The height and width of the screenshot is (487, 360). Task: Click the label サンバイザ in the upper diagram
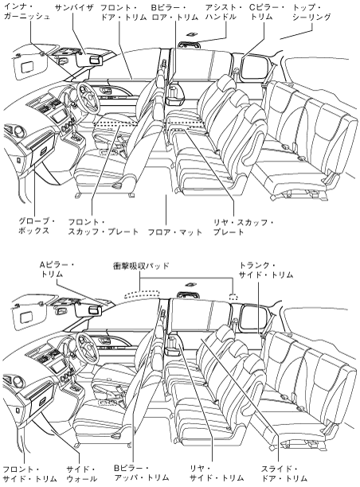pos(74,8)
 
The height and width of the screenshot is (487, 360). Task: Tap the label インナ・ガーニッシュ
pos(27,11)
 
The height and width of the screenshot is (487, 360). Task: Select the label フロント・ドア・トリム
pos(123,13)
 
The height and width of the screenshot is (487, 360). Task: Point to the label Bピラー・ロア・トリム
pos(174,13)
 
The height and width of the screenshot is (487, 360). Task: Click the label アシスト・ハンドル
pos(224,13)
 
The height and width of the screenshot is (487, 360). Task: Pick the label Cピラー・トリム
pos(268,13)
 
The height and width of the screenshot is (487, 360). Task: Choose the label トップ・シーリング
pos(311,13)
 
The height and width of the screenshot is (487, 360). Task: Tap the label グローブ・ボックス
pos(37,226)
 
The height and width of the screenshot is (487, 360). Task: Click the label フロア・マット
pos(175,232)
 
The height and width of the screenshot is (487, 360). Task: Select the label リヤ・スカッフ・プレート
pos(244,227)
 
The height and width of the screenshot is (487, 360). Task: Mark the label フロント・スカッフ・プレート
pos(104,227)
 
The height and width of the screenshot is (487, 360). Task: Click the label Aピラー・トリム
pos(57,270)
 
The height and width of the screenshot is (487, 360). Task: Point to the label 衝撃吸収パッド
pos(141,266)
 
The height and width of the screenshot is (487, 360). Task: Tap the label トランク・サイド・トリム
pos(266,270)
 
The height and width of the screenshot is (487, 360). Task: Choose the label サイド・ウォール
pos(82,473)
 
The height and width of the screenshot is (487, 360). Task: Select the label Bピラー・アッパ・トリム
pos(142,473)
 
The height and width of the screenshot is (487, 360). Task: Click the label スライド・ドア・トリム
pos(284,473)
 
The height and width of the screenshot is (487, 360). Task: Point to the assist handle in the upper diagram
pos(190,45)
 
